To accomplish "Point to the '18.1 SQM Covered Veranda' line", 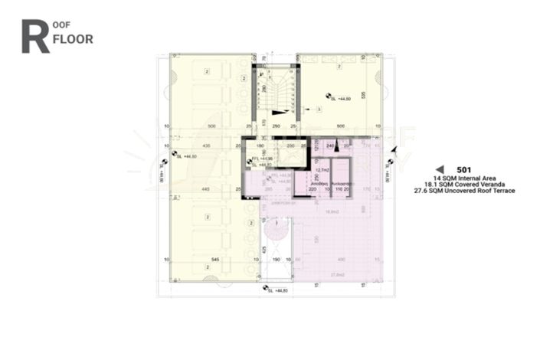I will pos(464,184).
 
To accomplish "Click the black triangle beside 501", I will pos(440,169).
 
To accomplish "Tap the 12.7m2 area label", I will pos(332,171).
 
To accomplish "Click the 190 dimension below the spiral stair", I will pos(276,260).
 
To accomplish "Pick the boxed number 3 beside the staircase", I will pos(319,110).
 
